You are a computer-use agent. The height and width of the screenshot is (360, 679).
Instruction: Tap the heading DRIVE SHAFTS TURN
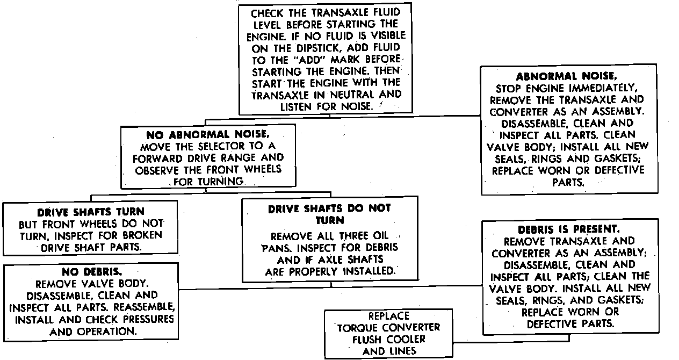91,212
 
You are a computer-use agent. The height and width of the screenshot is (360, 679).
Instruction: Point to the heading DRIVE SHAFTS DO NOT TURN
329,213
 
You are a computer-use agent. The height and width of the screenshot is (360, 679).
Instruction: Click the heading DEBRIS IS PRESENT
569,229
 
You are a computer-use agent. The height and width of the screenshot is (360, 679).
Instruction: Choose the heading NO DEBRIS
91,272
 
